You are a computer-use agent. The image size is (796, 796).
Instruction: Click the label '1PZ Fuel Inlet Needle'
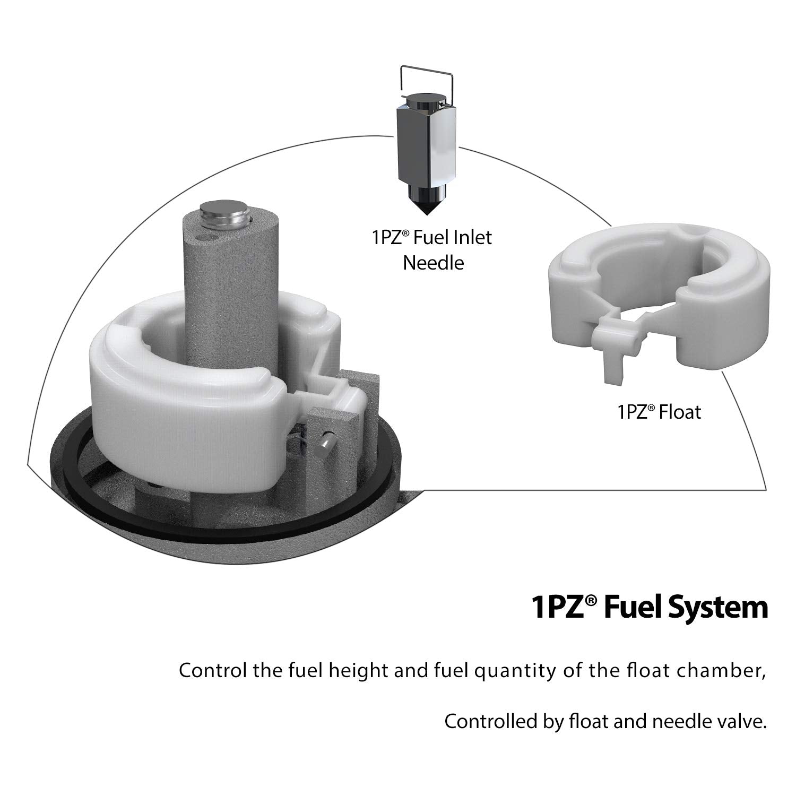pyautogui.click(x=432, y=249)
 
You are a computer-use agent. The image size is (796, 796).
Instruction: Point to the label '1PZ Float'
pyautogui.click(x=659, y=412)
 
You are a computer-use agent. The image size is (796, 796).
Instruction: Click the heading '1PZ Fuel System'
pyautogui.click(x=650, y=608)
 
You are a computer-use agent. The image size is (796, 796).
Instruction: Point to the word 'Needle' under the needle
pyautogui.click(x=433, y=263)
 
